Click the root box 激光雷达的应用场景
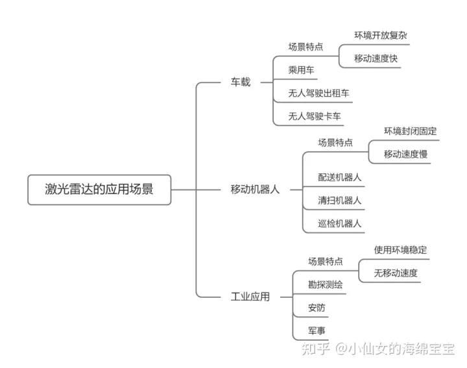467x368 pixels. [99, 189]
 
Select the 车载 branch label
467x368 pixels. [241, 82]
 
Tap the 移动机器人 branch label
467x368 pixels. [255, 190]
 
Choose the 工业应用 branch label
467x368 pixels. [250, 297]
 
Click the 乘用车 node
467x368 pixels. [302, 70]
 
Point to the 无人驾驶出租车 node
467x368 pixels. [320, 93]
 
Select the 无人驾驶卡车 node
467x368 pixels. [315, 116]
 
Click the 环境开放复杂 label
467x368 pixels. [381, 36]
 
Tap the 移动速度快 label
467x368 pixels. [376, 58]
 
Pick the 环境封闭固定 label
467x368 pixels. [410, 131]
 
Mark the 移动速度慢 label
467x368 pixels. [405, 154]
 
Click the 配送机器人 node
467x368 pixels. [340, 177]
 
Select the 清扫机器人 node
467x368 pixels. [340, 200]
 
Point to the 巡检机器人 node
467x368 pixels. [340, 223]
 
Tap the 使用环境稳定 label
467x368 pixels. [400, 250]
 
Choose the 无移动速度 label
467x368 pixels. [396, 273]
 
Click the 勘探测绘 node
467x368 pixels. [326, 284]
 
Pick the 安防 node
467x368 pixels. [317, 307]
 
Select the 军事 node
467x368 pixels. [317, 330]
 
